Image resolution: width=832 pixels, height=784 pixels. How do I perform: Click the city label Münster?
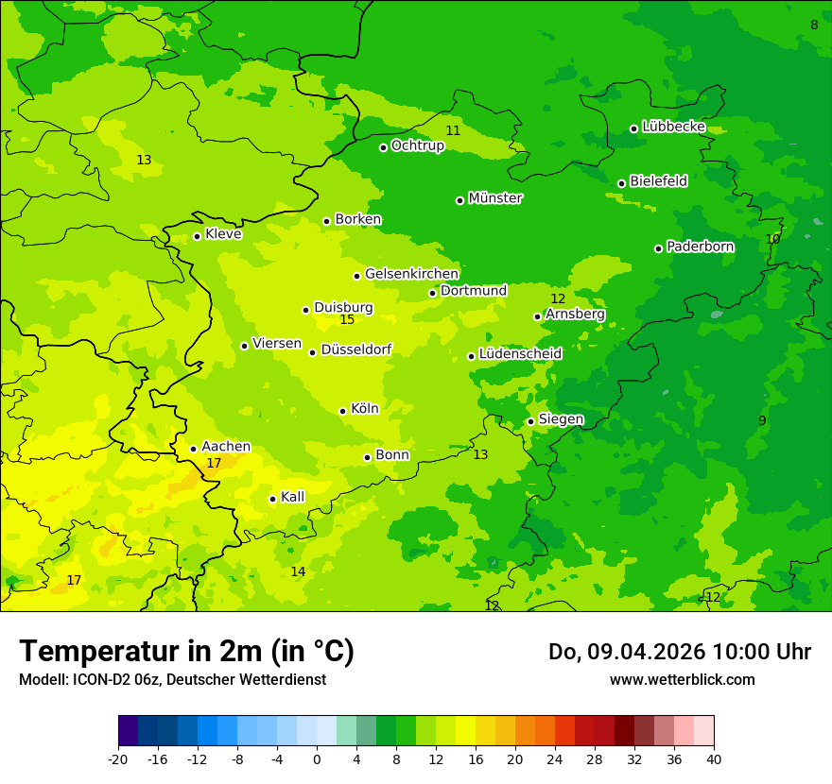tap(494, 198)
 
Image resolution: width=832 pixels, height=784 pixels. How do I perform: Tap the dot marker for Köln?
tap(342, 411)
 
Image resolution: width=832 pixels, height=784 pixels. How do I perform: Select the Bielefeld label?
tap(658, 181)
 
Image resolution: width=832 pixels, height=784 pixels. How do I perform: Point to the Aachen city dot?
tap(193, 449)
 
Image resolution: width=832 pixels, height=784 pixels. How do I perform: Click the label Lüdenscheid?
tap(520, 354)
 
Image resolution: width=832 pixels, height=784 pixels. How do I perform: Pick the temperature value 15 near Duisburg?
tap(347, 320)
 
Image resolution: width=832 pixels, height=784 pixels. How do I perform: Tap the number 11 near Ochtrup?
tap(453, 130)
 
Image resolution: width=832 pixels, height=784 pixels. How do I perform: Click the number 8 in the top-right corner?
tap(814, 25)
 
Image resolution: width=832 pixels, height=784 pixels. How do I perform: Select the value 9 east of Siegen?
tap(762, 420)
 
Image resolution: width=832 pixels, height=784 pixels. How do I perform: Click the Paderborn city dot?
tap(658, 248)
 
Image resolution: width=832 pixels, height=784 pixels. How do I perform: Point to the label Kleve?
tap(223, 234)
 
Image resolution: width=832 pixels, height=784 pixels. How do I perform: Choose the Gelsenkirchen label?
tap(411, 274)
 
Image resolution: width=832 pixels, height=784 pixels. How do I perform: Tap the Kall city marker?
tap(272, 499)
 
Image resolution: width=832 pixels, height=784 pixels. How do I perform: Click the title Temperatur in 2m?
tap(186, 652)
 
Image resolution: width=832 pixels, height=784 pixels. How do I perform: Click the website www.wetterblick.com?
tap(682, 680)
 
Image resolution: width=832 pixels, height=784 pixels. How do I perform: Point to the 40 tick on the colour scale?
tap(713, 759)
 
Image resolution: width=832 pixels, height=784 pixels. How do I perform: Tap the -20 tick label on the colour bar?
tap(118, 759)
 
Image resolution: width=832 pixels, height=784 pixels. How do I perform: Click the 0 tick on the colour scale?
tap(317, 759)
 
